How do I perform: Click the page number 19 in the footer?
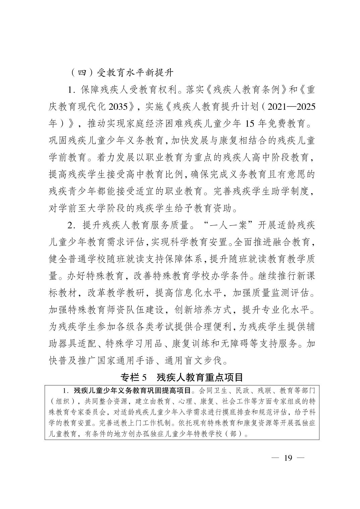tap(288, 458)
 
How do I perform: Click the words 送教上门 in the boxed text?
tap(122, 423)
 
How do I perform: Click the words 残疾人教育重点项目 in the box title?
tap(200, 377)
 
